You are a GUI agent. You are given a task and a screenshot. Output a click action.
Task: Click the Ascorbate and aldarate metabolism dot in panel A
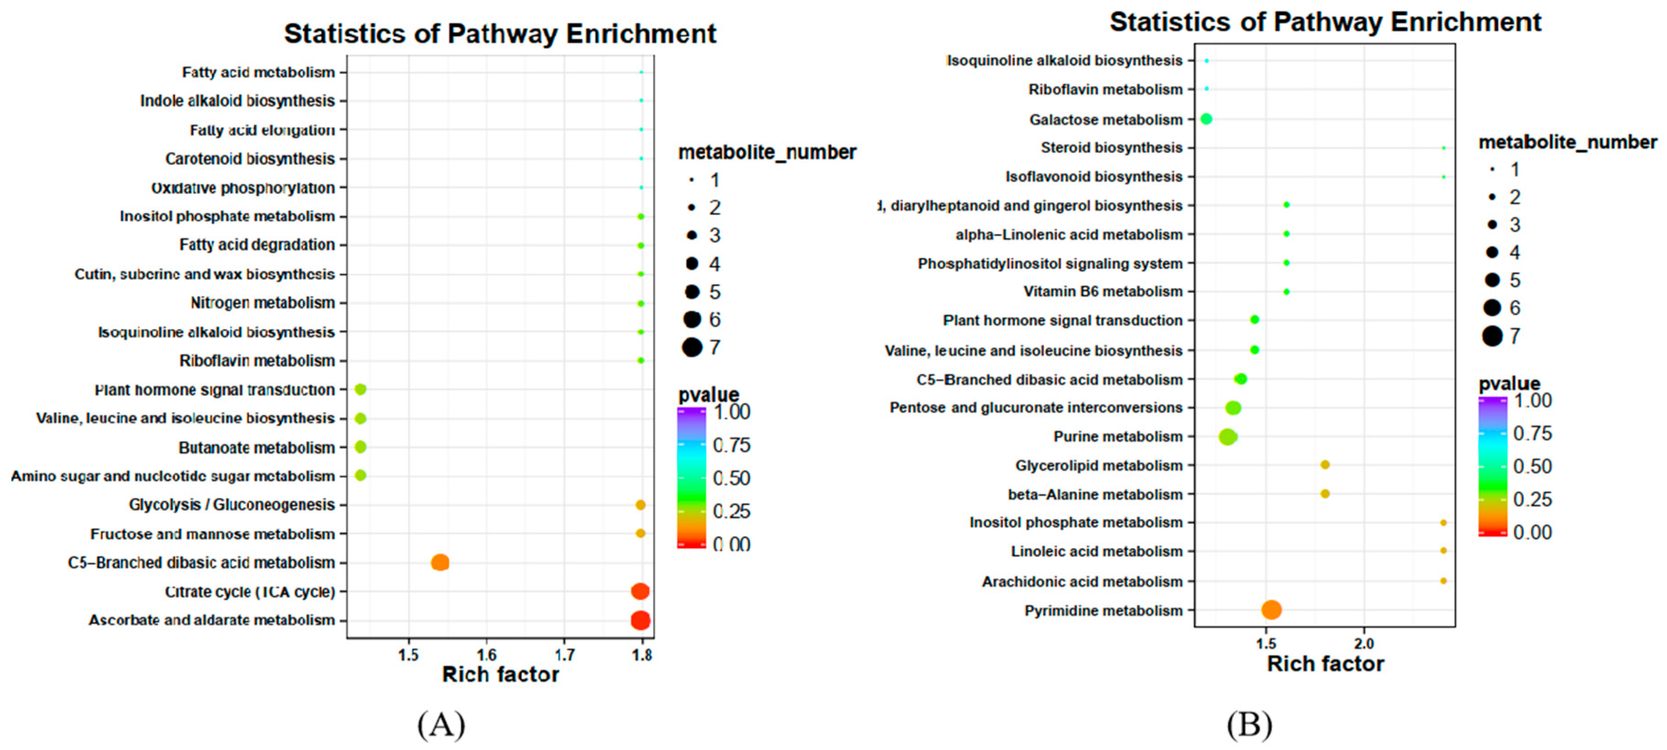click(640, 620)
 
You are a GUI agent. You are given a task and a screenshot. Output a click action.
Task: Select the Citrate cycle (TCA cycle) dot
click(640, 591)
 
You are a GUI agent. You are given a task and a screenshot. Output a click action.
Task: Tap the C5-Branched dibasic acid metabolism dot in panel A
click(440, 562)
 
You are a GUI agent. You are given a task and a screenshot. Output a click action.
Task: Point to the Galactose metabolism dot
click(1206, 119)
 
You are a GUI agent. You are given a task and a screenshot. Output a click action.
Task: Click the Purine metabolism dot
click(1228, 437)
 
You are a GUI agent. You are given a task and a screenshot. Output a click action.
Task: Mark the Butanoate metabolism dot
click(361, 447)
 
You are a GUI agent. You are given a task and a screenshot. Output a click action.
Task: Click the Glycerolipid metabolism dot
click(1325, 465)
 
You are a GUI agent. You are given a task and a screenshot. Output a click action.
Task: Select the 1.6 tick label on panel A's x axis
click(487, 654)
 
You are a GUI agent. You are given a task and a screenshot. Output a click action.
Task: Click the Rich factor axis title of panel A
click(500, 674)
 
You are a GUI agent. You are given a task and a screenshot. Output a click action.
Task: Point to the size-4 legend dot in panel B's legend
click(1492, 252)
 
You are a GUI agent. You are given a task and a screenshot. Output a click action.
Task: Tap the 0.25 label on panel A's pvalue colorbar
click(731, 511)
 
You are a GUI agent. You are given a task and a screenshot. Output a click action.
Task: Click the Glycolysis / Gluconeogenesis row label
click(232, 505)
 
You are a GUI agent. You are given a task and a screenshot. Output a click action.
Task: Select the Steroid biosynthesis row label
click(1111, 148)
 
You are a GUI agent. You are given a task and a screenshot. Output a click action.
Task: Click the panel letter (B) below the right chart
click(1249, 725)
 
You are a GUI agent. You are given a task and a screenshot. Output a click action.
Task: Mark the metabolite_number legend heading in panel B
click(1567, 142)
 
